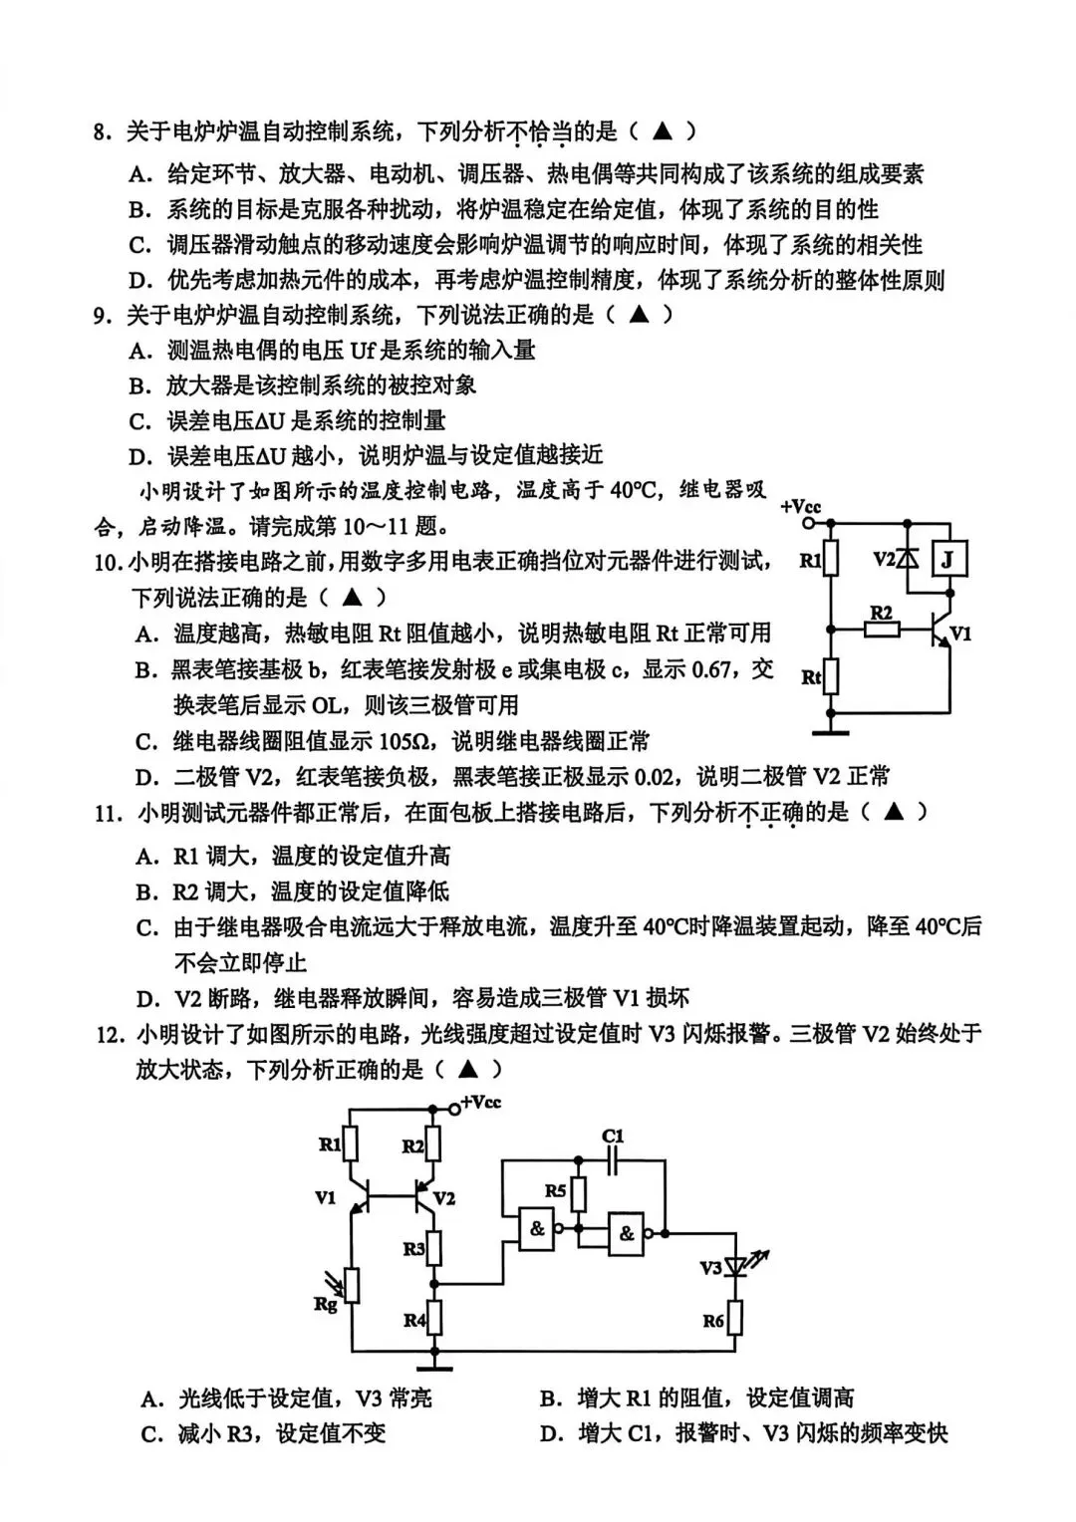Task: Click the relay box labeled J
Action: coord(946,560)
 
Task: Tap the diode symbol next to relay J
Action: coord(908,559)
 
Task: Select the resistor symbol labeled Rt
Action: coord(832,677)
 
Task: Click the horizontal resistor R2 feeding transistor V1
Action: coord(881,630)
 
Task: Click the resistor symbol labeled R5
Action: coord(579,1191)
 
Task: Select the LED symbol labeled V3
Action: coord(737,1266)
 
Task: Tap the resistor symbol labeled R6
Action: coord(736,1319)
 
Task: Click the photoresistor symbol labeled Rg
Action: coord(351,1286)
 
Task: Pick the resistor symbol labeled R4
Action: coord(434,1319)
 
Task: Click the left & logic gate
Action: coord(538,1228)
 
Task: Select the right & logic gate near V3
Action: coord(627,1233)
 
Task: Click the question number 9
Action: coord(102,316)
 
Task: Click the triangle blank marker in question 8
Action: coord(662,130)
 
